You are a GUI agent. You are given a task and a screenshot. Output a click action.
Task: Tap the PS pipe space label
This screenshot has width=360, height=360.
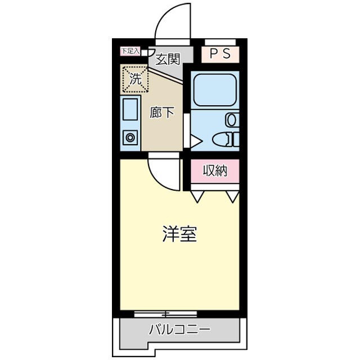tap(220, 54)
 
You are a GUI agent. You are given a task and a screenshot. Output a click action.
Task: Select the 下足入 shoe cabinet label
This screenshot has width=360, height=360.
tap(129, 51)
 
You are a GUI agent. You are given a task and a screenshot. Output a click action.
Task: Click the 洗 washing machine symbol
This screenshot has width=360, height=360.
tap(135, 79)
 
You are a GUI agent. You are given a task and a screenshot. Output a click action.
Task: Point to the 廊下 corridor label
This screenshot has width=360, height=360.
tap(162, 112)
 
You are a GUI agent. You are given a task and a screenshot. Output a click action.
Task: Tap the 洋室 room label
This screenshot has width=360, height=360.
tap(179, 234)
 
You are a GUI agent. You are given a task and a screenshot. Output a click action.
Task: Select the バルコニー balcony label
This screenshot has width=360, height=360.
tap(179, 330)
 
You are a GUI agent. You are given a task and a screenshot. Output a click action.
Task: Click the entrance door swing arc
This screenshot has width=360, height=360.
tap(174, 22)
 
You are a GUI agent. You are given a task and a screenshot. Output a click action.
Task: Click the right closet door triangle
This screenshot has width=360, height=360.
tap(233, 196)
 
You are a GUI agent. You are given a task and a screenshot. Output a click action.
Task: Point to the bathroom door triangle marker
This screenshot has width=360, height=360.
tap(195, 141)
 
